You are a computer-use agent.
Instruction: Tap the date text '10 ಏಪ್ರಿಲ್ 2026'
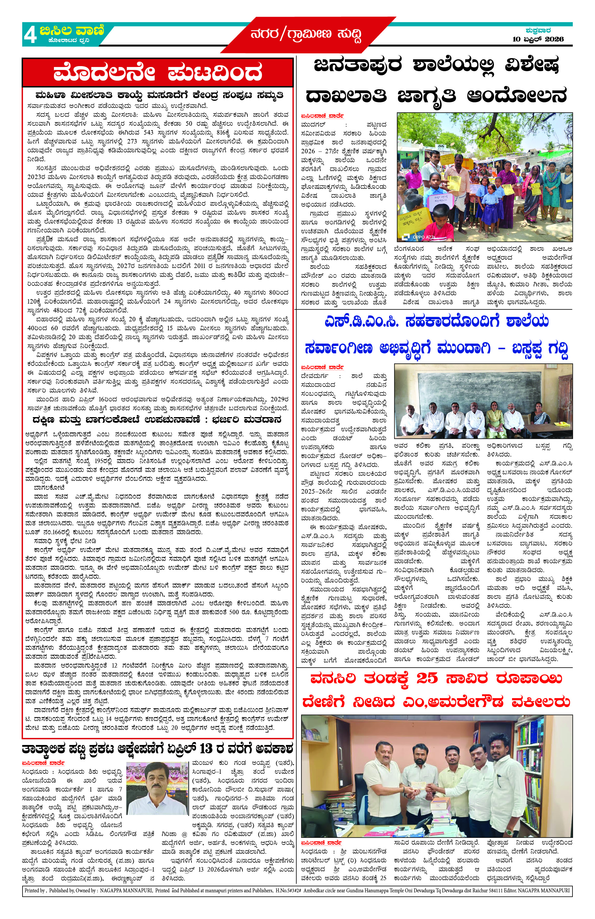[538, 39]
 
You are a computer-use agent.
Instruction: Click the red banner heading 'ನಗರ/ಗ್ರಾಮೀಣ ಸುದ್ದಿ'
[306, 35]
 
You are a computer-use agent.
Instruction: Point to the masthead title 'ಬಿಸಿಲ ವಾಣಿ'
[72, 31]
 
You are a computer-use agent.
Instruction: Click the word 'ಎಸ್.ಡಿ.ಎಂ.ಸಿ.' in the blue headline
[362, 321]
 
